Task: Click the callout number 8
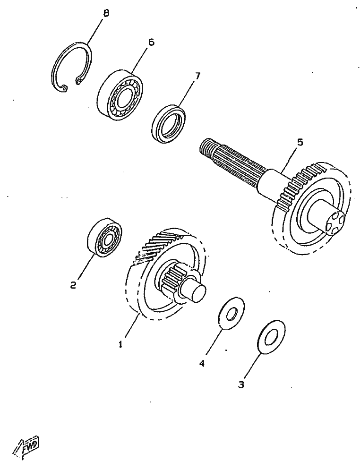[106, 13]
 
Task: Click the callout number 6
[151, 42]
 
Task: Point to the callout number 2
[73, 285]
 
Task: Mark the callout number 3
[241, 385]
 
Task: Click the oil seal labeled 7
[169, 122]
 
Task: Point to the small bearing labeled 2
[104, 238]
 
